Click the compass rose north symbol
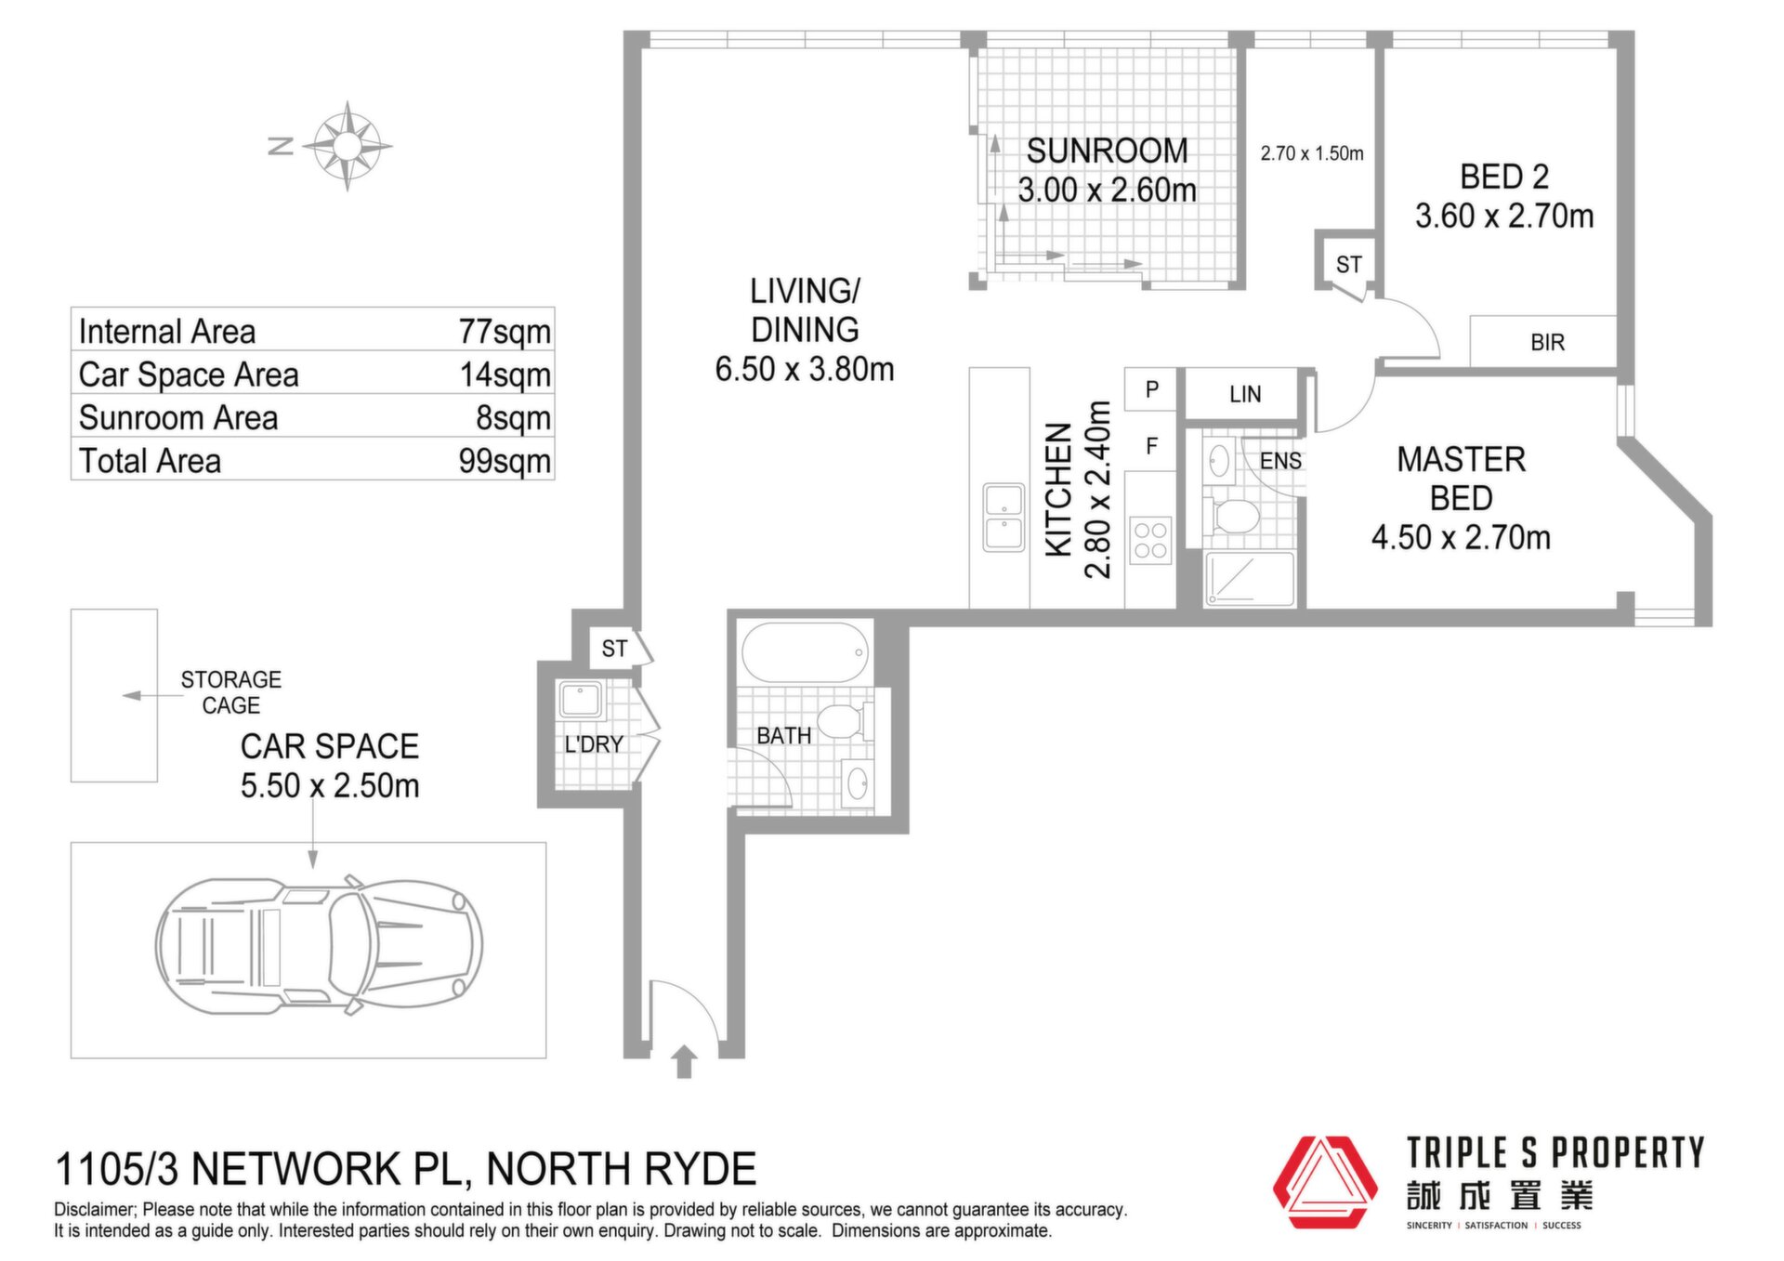pos(347,146)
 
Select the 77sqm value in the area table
pos(505,332)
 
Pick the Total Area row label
pos(150,461)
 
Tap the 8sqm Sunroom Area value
pos(514,418)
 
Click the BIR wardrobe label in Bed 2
pos(1547,343)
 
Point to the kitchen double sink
pos(1003,517)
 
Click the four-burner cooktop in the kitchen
pos(1150,541)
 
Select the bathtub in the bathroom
pos(806,652)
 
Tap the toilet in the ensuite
pos(1232,515)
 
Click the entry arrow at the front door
pos(685,1061)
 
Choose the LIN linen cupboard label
pos(1245,395)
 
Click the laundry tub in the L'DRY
pos(580,700)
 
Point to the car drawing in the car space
pos(319,945)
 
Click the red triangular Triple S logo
pos(1325,1182)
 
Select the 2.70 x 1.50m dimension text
pos(1312,153)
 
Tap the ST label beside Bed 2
pos(1348,265)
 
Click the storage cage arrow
pos(152,695)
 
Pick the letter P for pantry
pos(1152,389)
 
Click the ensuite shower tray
pos(1249,580)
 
